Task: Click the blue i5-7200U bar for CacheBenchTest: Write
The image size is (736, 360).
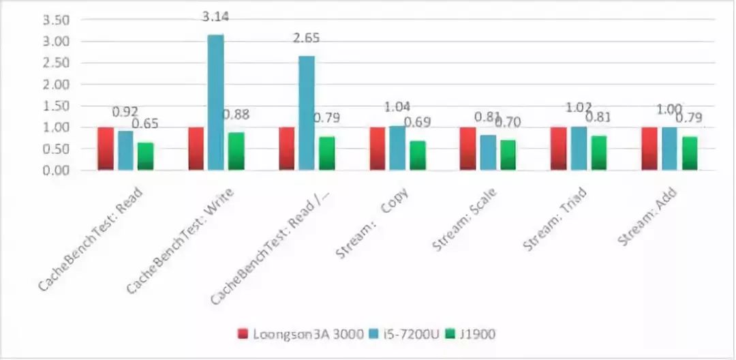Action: (x=215, y=102)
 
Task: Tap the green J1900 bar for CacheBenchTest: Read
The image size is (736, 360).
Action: (x=145, y=156)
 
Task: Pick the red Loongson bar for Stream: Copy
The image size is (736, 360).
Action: (x=378, y=149)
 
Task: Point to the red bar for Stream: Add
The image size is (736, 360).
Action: (x=649, y=149)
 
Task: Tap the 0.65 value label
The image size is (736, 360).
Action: (x=145, y=124)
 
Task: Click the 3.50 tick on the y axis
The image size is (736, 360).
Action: (x=56, y=20)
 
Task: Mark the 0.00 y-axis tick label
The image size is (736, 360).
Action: (x=56, y=170)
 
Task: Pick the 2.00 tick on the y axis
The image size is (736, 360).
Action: (x=56, y=85)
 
